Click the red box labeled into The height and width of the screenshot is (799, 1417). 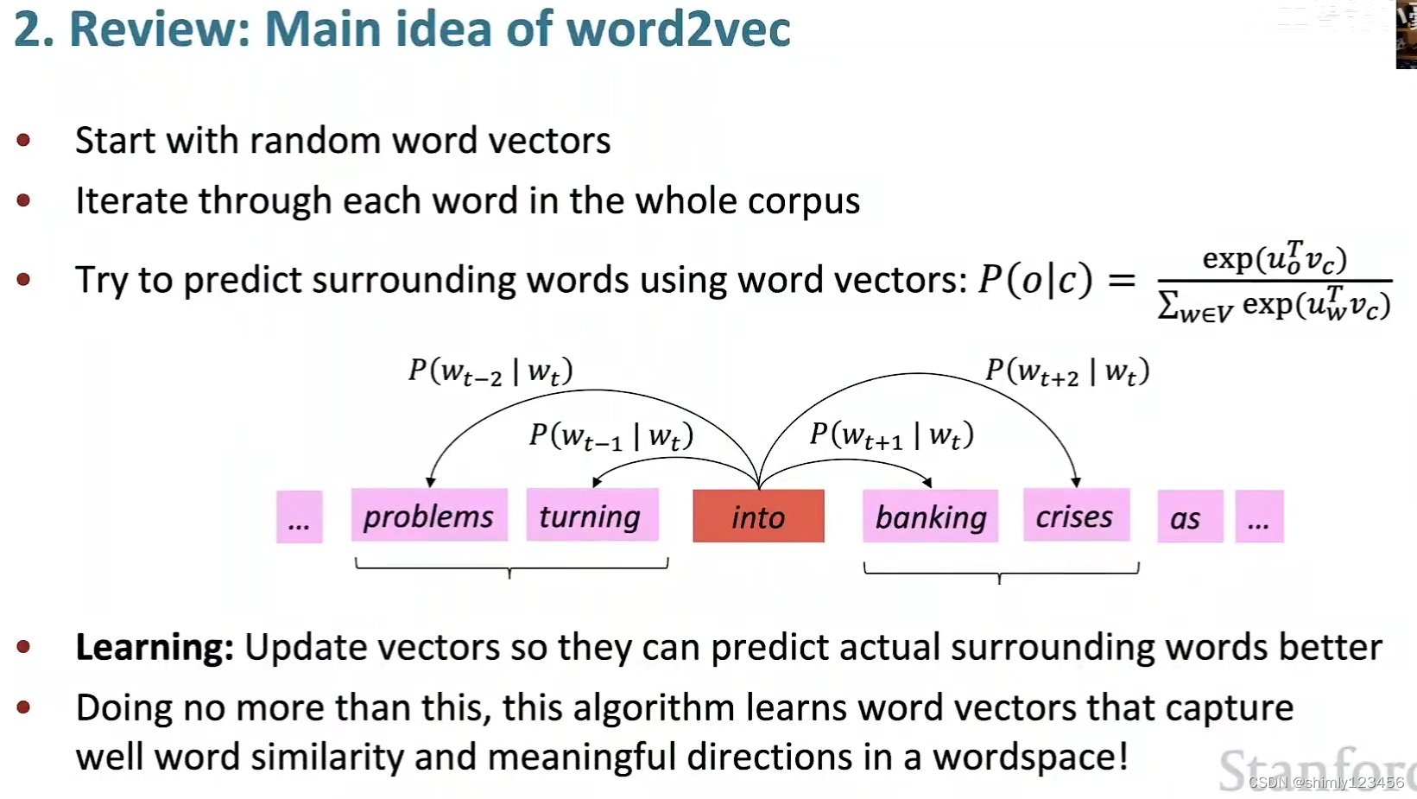tap(758, 517)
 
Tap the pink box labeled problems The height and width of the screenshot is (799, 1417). tap(428, 516)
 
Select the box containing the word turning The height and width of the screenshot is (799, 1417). tap(591, 516)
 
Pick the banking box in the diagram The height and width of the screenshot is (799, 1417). tap(930, 517)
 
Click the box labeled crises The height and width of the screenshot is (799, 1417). tap(1075, 516)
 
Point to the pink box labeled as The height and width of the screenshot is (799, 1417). tap(1189, 517)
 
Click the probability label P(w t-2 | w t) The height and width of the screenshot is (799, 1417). tap(490, 371)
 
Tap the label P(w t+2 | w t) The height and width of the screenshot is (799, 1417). tap(1067, 371)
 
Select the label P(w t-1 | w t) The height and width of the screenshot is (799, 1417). tap(611, 435)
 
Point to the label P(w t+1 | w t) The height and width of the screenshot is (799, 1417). tap(891, 434)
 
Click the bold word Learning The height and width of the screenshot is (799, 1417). tap(154, 647)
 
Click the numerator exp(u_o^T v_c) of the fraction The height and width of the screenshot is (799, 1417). tap(1274, 257)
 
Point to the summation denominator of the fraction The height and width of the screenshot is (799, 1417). tap(1274, 305)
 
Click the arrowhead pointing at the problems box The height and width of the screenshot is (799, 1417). tap(431, 482)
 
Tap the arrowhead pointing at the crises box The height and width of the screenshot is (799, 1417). tap(1075, 482)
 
